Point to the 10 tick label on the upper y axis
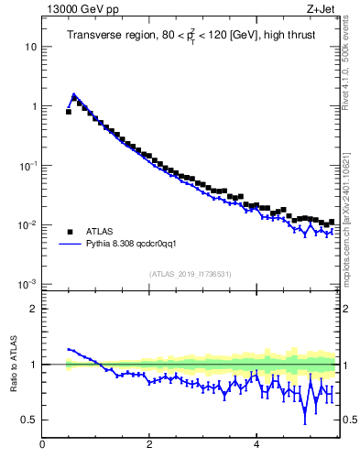point(30,47)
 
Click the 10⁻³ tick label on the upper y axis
point(28,284)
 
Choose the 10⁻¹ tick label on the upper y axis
point(28,166)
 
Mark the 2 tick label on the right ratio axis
point(347,309)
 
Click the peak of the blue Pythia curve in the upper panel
point(73,94)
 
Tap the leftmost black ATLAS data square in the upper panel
point(69,112)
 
